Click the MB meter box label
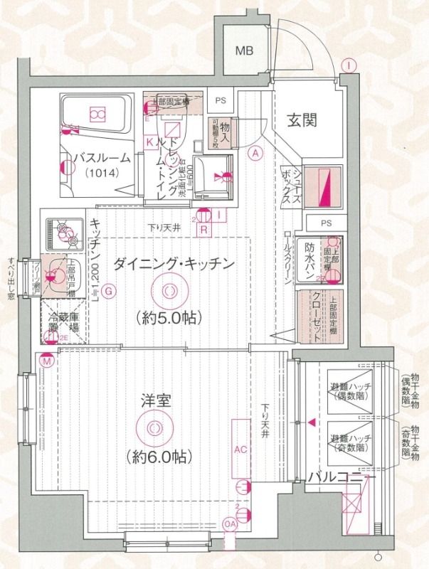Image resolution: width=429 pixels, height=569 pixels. click(245, 50)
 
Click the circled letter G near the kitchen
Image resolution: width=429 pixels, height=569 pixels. click(108, 290)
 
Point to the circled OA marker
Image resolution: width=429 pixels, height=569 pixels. click(230, 524)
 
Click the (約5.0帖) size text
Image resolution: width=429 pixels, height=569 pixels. click(169, 317)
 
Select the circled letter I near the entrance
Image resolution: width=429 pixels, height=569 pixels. click(348, 65)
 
